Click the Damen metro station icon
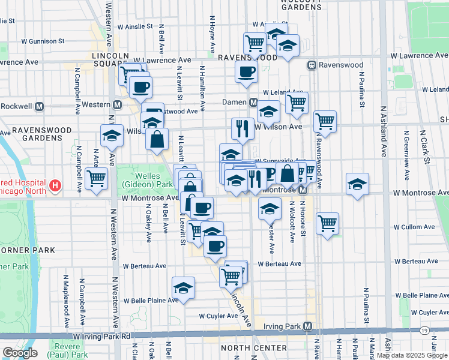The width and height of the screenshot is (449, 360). (x=254, y=103)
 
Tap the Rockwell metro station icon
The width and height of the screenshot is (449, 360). (x=40, y=106)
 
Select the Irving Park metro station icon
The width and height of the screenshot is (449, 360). (x=308, y=326)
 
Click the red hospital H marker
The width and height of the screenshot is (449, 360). (x=55, y=185)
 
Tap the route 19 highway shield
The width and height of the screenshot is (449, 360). (x=424, y=331)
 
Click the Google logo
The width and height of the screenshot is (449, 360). (x=20, y=352)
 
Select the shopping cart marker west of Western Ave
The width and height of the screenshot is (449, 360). (x=96, y=178)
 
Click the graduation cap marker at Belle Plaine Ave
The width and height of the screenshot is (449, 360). (x=184, y=287)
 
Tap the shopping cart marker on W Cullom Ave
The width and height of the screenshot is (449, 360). (x=327, y=223)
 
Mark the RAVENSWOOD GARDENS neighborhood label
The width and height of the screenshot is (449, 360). (x=42, y=134)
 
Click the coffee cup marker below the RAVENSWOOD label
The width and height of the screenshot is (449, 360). (x=246, y=73)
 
